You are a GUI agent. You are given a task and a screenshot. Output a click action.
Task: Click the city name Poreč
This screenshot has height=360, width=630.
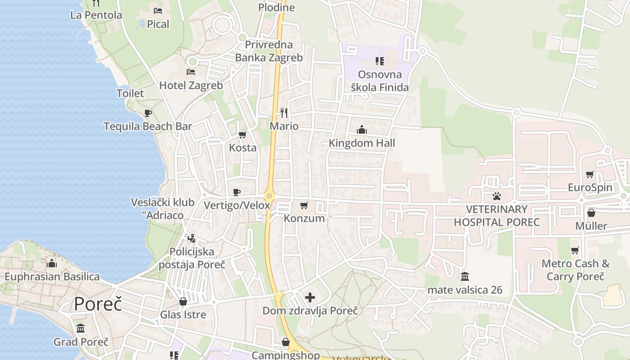click(x=98, y=304)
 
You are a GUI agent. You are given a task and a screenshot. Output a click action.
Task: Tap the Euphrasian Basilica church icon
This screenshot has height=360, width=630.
click(x=52, y=263)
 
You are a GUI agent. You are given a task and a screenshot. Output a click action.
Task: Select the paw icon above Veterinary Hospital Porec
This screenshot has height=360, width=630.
click(x=497, y=196)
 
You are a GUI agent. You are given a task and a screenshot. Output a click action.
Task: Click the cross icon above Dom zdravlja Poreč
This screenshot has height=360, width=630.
click(x=310, y=297)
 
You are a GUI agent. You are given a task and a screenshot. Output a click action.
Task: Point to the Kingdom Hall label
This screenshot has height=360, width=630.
click(x=362, y=143)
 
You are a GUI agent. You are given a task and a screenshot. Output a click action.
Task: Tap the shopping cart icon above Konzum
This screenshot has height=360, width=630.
click(x=304, y=206)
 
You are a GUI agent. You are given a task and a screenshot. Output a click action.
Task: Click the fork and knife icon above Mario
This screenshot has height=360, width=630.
click(x=284, y=112)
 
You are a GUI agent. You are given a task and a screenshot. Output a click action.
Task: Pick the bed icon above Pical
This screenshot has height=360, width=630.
click(x=158, y=11)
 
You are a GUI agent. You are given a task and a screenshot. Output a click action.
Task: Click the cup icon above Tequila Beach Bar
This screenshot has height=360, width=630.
click(x=148, y=113)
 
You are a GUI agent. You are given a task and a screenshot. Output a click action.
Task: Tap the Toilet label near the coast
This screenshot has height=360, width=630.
click(x=130, y=94)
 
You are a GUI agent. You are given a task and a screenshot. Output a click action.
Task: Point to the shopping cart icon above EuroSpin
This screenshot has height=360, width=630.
click(x=590, y=174)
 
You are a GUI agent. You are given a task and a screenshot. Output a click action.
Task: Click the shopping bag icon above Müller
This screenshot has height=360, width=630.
click(x=591, y=212)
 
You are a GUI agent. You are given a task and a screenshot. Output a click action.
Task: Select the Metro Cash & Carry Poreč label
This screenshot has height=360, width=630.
click(x=576, y=270)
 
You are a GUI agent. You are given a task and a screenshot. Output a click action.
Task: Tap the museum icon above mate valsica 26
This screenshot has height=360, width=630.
click(x=465, y=276)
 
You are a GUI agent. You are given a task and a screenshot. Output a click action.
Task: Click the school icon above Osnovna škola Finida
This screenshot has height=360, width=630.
click(x=380, y=61)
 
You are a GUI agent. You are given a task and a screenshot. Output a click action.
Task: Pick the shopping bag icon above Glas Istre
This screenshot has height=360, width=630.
click(x=183, y=301)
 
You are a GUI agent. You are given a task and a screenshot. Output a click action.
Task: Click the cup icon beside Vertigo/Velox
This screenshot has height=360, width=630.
click(x=237, y=193)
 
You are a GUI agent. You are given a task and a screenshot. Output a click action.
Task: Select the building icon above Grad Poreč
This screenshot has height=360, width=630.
click(x=81, y=328)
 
